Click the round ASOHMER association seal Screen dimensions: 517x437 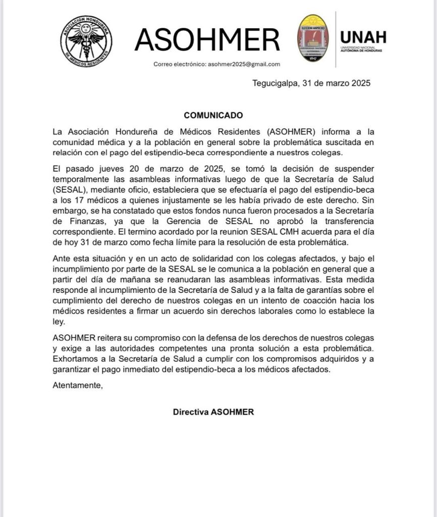click(86, 40)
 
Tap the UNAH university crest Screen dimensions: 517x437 click(313, 38)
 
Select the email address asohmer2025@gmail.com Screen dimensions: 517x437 click(244, 64)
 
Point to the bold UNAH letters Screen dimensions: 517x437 click(363, 37)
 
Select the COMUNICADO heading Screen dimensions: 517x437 click(213, 115)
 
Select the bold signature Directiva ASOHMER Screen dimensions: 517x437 click(213, 411)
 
